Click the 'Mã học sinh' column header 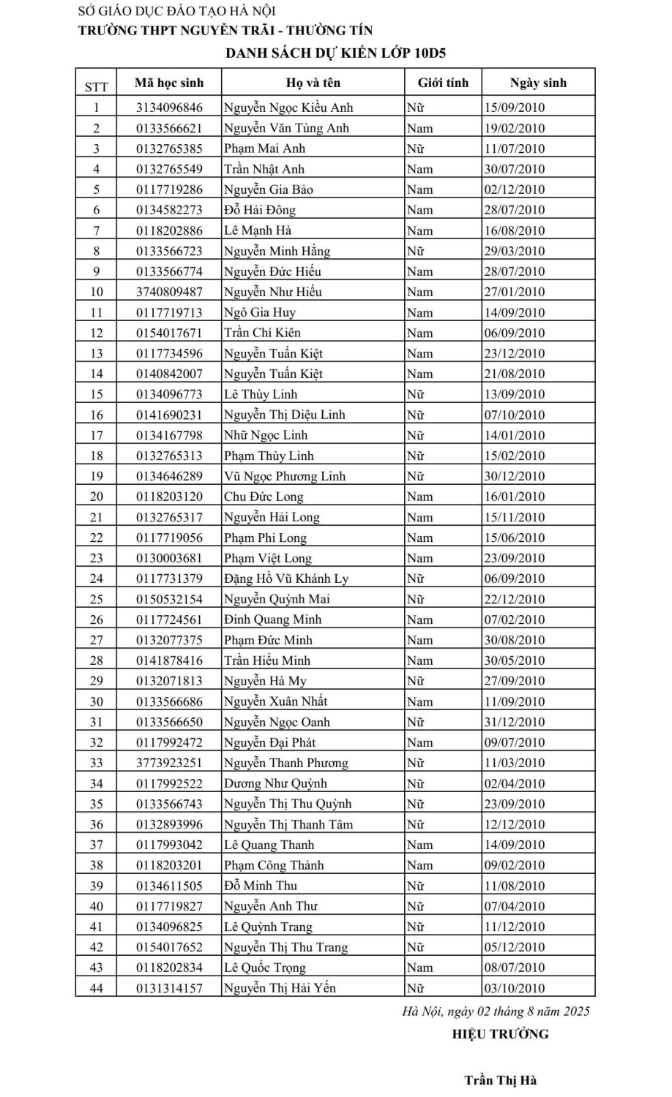point(169,83)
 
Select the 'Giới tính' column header point(443,83)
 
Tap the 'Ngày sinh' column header point(538,83)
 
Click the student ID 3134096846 point(169,108)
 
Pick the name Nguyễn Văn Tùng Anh point(286,128)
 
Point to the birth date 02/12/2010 point(515,189)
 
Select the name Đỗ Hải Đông point(260,210)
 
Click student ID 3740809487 point(169,292)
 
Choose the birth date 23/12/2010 point(515,353)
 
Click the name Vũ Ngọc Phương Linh point(285,476)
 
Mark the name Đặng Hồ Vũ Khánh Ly point(286,578)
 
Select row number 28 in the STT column point(97,660)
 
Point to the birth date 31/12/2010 point(515,722)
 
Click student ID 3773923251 point(169,763)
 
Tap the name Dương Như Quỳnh point(275,783)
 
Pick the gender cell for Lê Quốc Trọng point(420,968)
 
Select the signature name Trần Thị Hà point(501,1080)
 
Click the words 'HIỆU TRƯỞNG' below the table point(500,1033)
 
